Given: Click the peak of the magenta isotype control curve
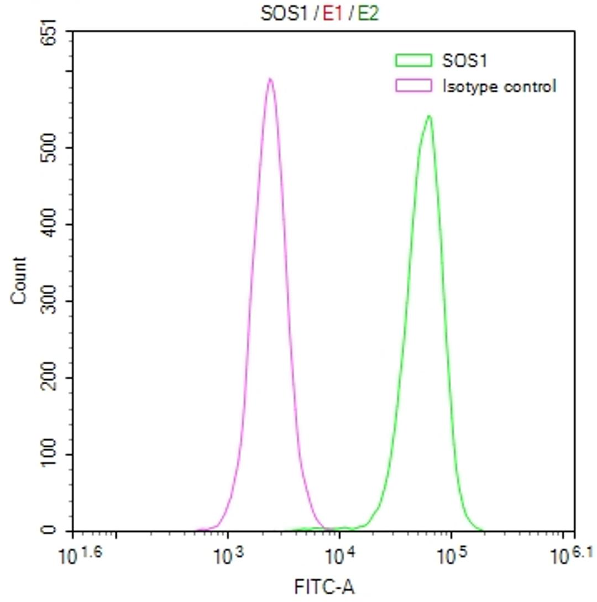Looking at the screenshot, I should click(270, 79).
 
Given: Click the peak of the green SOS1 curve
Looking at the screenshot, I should click(428, 116).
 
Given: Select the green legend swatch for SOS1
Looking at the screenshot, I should click(413, 60).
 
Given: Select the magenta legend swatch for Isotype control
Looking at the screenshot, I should click(413, 86).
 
